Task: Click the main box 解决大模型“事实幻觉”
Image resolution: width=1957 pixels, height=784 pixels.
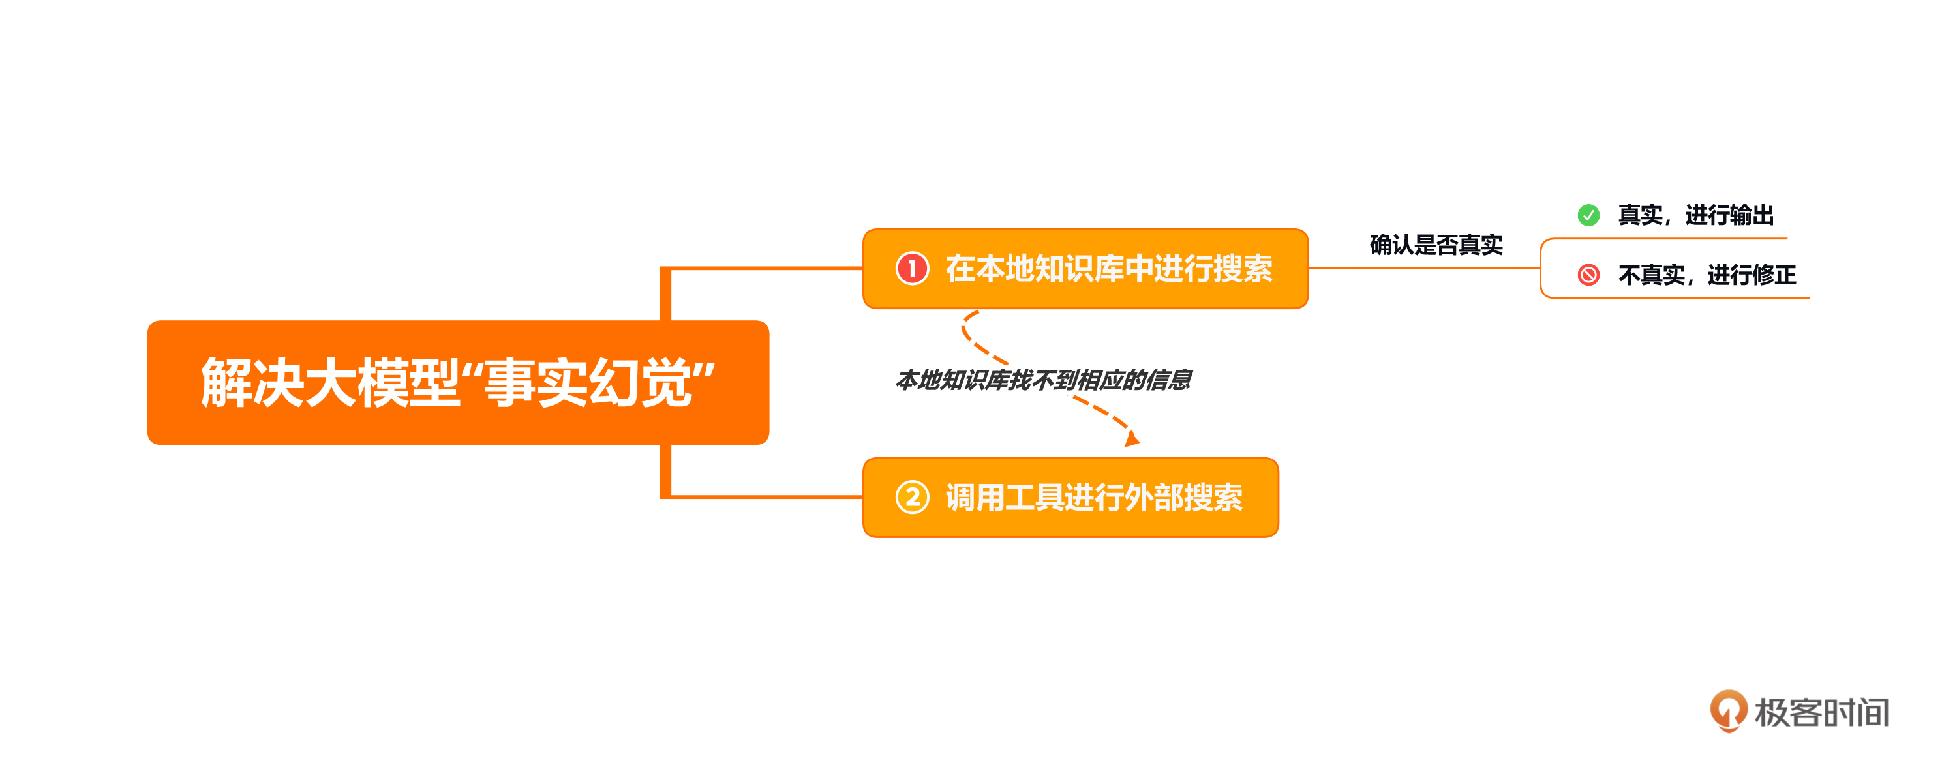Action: (x=458, y=383)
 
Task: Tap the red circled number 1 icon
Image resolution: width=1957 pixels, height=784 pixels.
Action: (x=913, y=269)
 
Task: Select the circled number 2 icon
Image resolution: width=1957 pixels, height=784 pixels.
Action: (x=913, y=498)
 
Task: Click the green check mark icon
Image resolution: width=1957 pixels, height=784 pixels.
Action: (x=1588, y=216)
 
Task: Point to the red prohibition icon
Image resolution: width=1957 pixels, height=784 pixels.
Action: (x=1588, y=274)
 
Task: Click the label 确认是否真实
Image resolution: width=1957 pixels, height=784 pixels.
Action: (x=1436, y=245)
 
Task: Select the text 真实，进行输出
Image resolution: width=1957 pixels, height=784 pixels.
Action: (x=1695, y=216)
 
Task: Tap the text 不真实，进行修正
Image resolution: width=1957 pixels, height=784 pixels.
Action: (x=1707, y=274)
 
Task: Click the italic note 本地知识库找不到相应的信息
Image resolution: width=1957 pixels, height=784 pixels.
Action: (x=1043, y=379)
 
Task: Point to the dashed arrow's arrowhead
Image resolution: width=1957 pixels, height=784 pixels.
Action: (x=1132, y=439)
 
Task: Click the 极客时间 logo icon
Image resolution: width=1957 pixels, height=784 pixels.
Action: (x=1728, y=711)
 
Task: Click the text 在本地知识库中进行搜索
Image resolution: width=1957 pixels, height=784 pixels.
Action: (x=1109, y=269)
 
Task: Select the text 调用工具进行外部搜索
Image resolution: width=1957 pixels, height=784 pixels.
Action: (x=1094, y=498)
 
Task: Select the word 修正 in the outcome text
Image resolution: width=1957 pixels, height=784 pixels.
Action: (x=1774, y=274)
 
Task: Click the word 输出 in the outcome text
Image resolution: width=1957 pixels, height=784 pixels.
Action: (x=1752, y=216)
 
